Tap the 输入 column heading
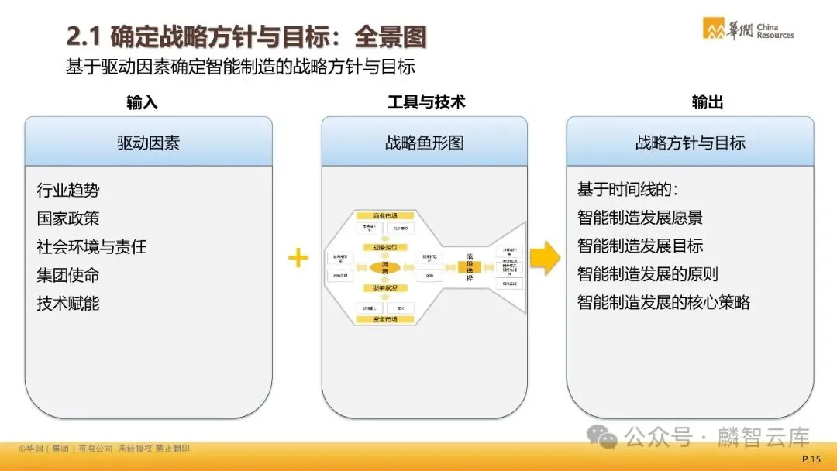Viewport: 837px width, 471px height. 142,102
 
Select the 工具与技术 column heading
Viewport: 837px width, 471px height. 425,102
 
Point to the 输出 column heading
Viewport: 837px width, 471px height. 707,102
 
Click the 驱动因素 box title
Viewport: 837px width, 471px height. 148,143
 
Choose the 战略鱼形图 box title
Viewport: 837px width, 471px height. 424,143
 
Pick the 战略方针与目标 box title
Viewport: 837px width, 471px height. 690,143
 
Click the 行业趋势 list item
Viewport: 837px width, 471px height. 68,190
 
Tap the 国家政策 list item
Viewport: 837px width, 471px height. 68,218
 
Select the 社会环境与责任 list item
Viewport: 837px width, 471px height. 91,247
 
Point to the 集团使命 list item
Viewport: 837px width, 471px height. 68,275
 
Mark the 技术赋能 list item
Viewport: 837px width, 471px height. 68,304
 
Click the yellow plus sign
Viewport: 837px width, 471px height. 298,258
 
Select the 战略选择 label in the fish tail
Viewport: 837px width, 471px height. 470,267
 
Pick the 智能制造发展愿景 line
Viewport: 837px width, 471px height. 640,218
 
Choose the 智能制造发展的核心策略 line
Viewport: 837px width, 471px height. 663,302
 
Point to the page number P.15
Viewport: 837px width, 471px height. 811,460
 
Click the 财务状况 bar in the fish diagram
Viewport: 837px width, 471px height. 384,288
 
